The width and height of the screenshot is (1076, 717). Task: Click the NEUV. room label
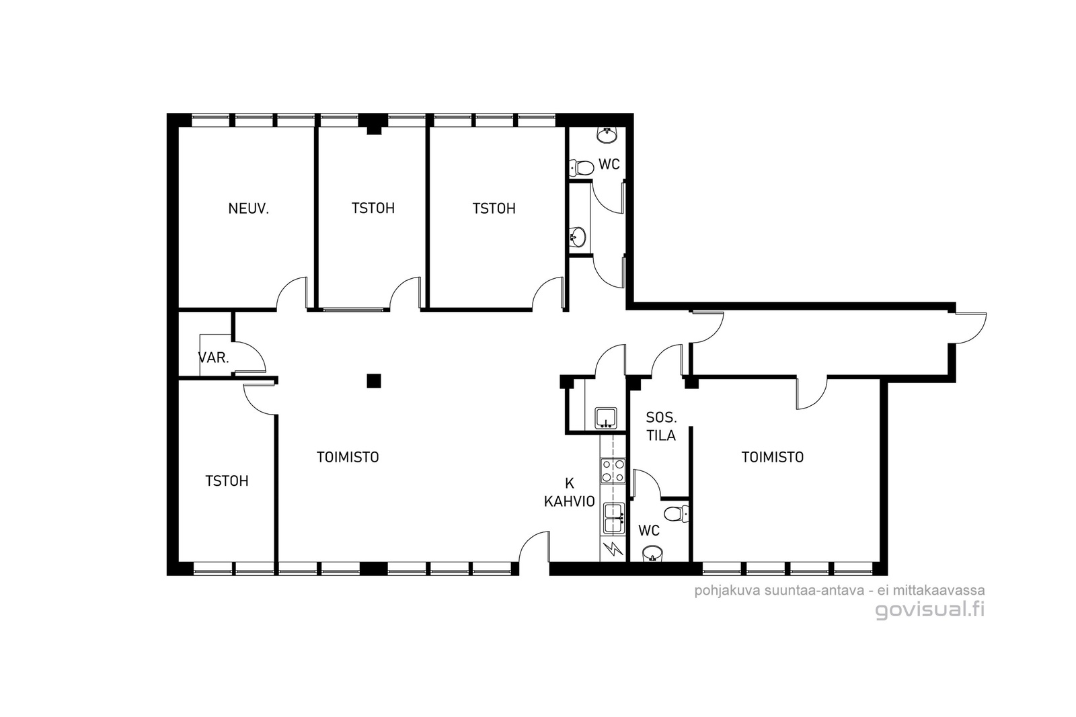coord(248,209)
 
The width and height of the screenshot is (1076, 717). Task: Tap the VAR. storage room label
coord(214,357)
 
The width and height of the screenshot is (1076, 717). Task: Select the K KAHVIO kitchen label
coord(569,493)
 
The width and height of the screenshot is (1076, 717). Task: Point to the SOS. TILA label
coord(661,427)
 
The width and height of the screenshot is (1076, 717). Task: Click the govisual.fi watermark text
coord(930,609)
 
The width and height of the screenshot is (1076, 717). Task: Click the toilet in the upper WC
coord(581,167)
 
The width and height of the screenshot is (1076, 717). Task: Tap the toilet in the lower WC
coord(677,513)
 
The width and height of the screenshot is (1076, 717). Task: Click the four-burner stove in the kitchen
coord(613,471)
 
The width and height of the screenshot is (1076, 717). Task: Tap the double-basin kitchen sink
coord(613,518)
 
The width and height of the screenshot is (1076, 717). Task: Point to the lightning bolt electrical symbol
coord(613,548)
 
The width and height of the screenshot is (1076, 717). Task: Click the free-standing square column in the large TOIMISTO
coord(374,381)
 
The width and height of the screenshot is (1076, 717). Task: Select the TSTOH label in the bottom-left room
coord(227,481)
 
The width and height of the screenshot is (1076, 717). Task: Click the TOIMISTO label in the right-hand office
coord(773,458)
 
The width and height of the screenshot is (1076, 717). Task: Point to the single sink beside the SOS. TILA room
coord(606,418)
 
